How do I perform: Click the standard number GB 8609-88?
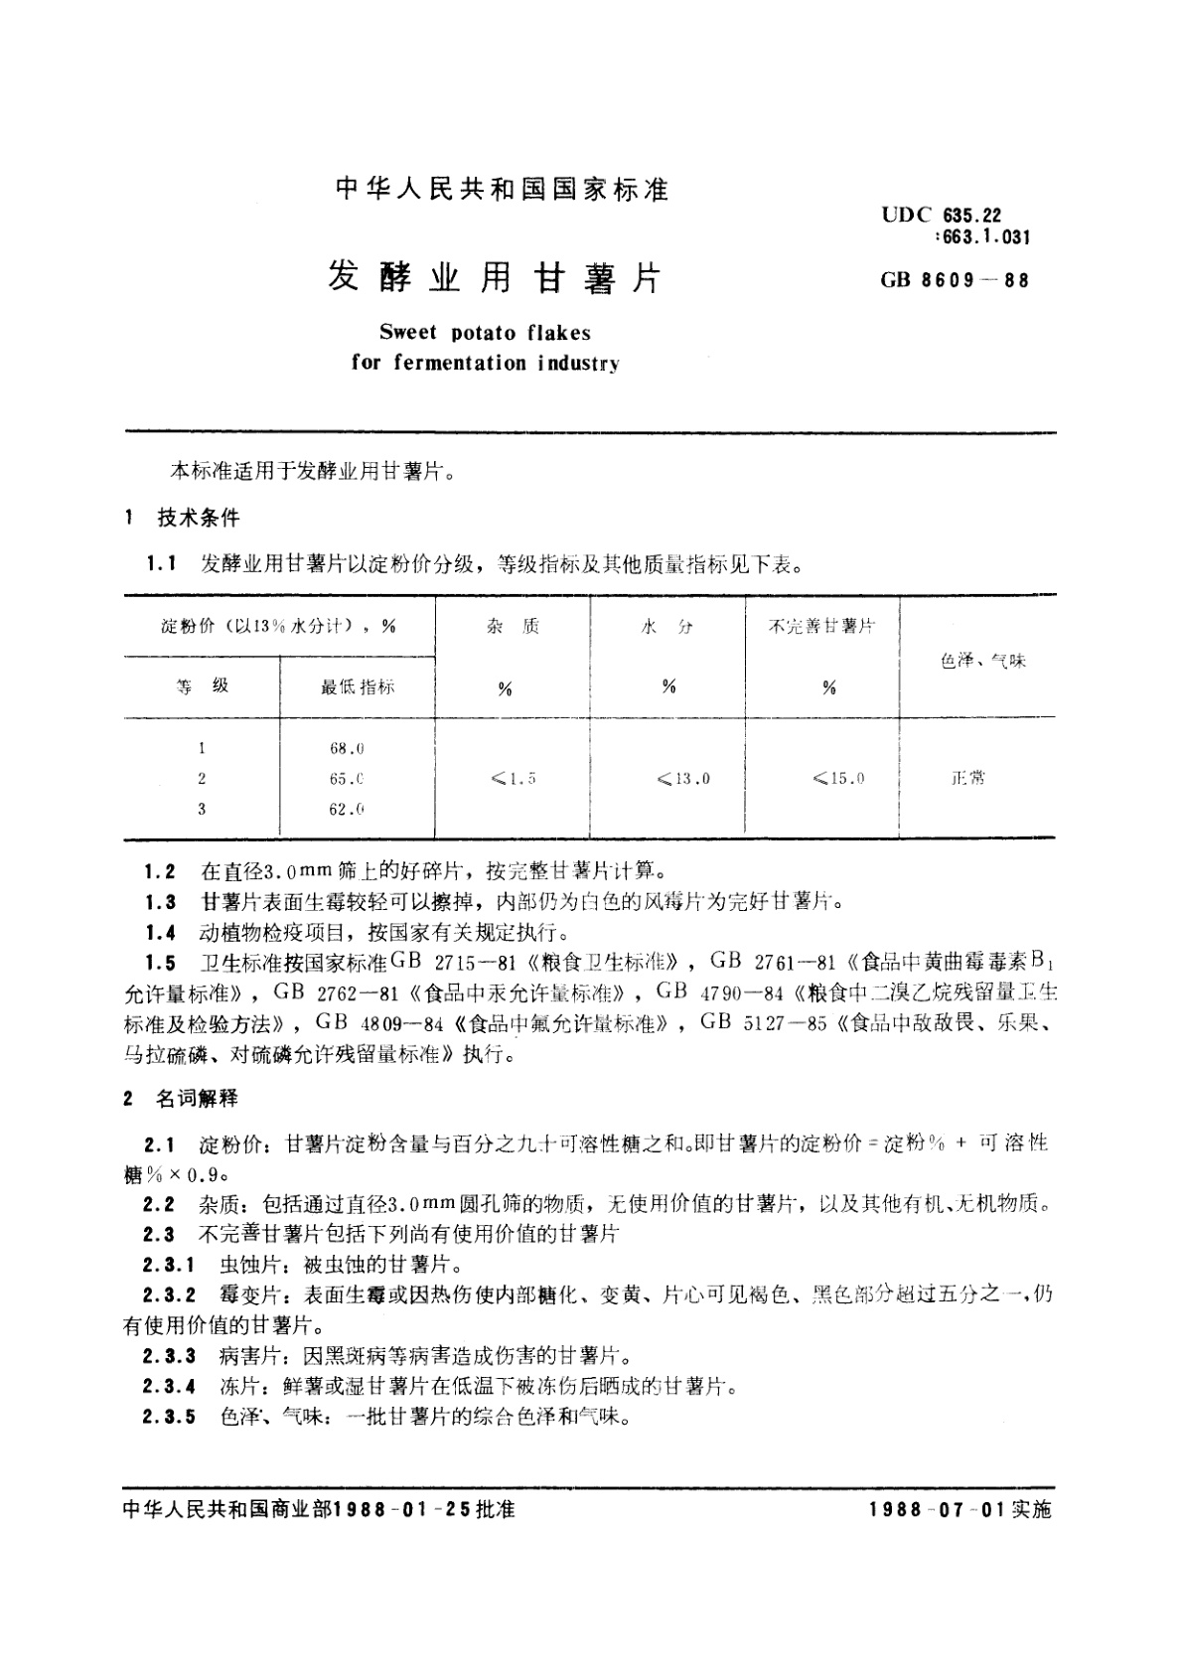click(954, 279)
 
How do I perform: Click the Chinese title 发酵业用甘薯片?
click(494, 278)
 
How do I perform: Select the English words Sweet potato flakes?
click(485, 333)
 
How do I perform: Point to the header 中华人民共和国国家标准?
click(502, 189)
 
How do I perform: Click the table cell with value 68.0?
click(347, 748)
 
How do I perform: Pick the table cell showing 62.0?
click(347, 809)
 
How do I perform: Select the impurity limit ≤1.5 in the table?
click(513, 779)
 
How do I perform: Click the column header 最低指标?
click(357, 686)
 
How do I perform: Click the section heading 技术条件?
click(199, 517)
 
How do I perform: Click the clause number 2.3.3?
click(169, 1355)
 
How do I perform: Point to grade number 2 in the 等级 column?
click(202, 779)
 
